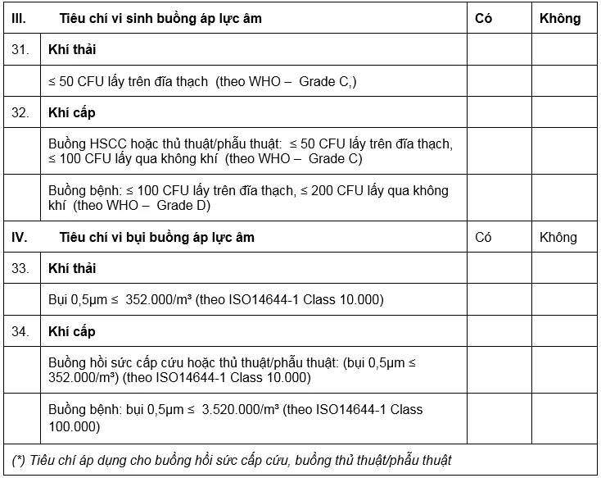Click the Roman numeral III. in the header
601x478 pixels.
[x=19, y=18]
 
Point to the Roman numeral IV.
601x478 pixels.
[x=20, y=238]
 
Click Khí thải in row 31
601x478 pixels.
[x=72, y=49]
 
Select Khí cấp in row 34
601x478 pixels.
[x=72, y=331]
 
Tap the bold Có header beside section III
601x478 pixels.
[x=484, y=18]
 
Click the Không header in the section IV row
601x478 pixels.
[x=558, y=238]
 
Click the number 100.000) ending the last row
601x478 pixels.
[x=75, y=426]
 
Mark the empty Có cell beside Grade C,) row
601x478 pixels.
[x=499, y=81]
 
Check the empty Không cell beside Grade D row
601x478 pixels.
[x=563, y=198]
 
